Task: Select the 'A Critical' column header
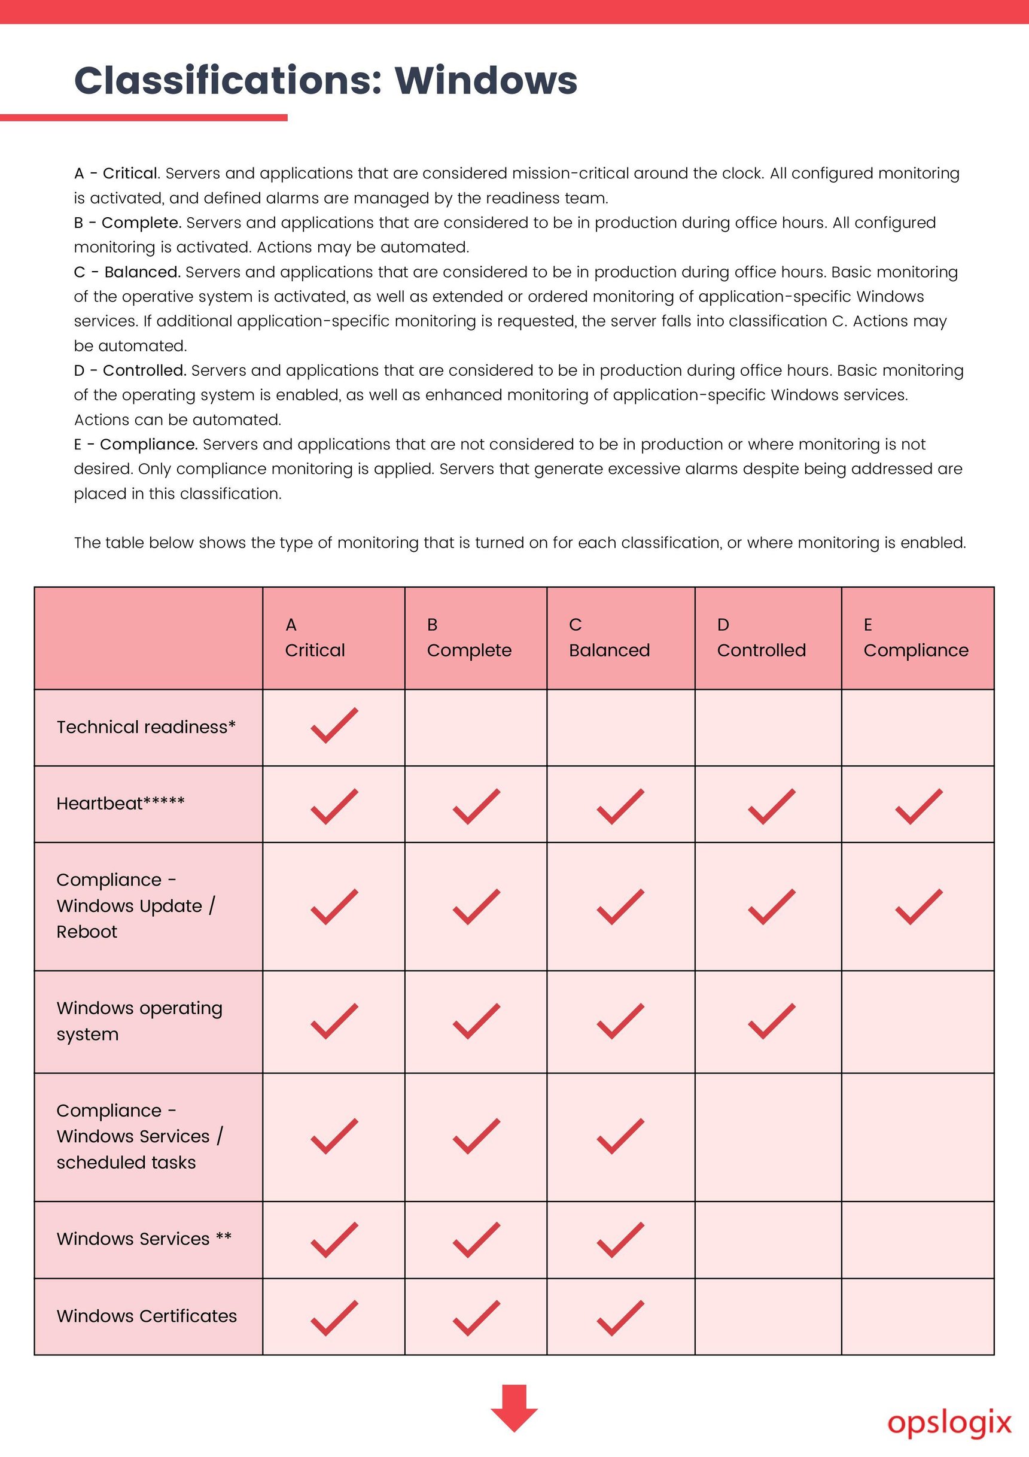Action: tap(315, 638)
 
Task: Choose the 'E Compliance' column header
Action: tap(915, 638)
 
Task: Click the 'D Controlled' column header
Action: tap(762, 638)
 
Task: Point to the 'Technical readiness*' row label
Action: tap(146, 727)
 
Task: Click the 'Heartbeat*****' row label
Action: tap(120, 804)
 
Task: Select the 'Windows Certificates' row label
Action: tap(147, 1316)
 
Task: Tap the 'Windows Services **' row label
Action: tap(144, 1239)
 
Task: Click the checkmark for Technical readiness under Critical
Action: tap(334, 725)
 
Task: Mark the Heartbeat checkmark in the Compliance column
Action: tap(918, 807)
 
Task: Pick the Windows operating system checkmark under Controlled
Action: tap(771, 1021)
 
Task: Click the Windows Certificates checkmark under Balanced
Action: tap(620, 1318)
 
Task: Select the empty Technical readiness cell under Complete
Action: tap(476, 728)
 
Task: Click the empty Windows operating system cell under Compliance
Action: tap(917, 1021)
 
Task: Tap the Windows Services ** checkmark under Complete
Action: tap(476, 1240)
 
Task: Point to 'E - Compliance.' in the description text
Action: tap(136, 444)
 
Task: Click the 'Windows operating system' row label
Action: tap(139, 1021)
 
